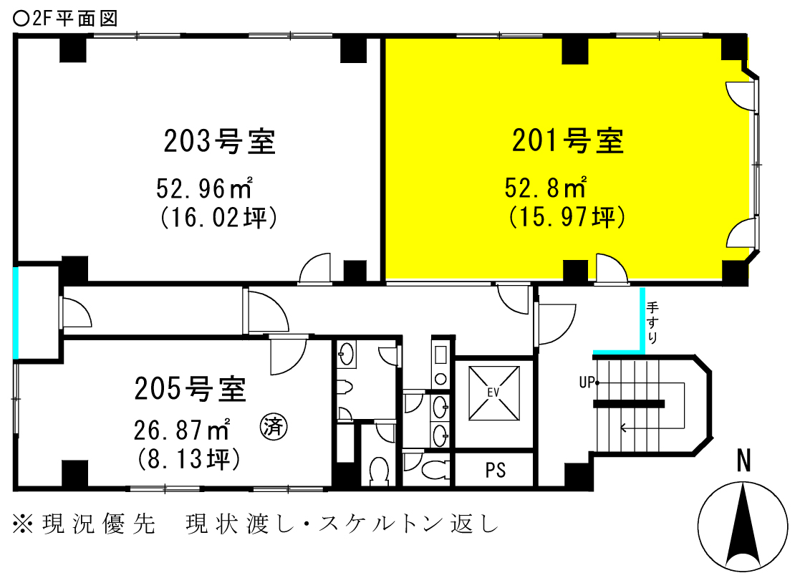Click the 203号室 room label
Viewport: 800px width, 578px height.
[x=219, y=141]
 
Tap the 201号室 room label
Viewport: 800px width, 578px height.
[x=568, y=140]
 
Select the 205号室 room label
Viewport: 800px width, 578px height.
[x=190, y=388]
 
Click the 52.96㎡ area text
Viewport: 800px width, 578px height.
[x=205, y=188]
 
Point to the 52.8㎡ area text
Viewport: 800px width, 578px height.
[x=546, y=187]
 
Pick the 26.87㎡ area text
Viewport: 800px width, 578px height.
[x=182, y=430]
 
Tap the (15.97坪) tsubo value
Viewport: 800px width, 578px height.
[x=567, y=217]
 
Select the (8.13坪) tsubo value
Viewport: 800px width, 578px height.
[x=189, y=458]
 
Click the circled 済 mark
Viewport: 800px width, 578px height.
[x=274, y=426]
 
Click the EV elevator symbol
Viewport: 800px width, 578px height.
[x=494, y=392]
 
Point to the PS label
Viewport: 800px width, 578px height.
[x=496, y=470]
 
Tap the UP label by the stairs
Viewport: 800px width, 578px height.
[x=587, y=382]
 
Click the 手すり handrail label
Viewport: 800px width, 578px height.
[x=652, y=322]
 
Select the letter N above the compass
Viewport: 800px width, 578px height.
[x=744, y=461]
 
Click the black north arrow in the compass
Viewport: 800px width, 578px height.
[x=743, y=525]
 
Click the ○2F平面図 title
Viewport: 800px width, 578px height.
[x=64, y=19]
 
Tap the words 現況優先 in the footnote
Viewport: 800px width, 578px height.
[x=98, y=524]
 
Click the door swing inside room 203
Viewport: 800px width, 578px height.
[x=315, y=267]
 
